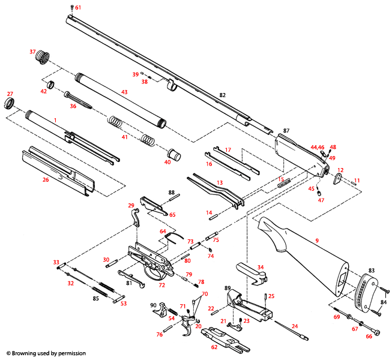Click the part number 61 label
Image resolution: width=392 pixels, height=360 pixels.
click(77, 7)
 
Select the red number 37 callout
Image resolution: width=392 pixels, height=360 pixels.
click(33, 52)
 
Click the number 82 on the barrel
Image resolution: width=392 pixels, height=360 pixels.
click(222, 95)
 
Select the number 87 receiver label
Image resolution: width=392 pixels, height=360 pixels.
click(286, 131)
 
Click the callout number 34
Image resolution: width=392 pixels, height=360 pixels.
click(260, 267)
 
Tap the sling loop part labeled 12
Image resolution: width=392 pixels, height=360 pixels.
click(337, 179)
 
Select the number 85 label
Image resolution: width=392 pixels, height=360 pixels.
click(95, 298)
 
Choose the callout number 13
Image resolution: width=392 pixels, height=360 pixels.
click(220, 182)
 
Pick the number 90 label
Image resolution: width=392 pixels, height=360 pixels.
click(153, 305)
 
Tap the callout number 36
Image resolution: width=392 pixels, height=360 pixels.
click(73, 106)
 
